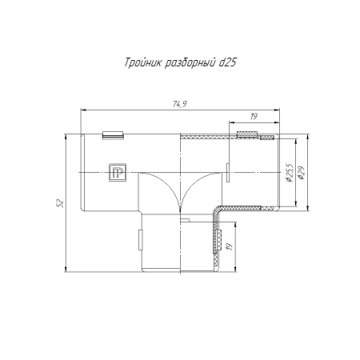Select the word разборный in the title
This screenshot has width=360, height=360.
tap(190, 63)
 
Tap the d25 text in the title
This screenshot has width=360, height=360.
tap(227, 62)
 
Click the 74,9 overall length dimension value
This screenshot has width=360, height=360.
tap(179, 104)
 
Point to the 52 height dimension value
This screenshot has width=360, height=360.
tap(60, 203)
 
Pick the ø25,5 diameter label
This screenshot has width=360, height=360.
tap(289, 173)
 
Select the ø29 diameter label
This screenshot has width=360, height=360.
tap(302, 173)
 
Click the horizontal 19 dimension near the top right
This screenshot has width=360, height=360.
tap(254, 116)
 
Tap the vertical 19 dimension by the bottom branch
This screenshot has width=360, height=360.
tap(230, 246)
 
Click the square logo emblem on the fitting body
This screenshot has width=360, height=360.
tap(118, 172)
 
